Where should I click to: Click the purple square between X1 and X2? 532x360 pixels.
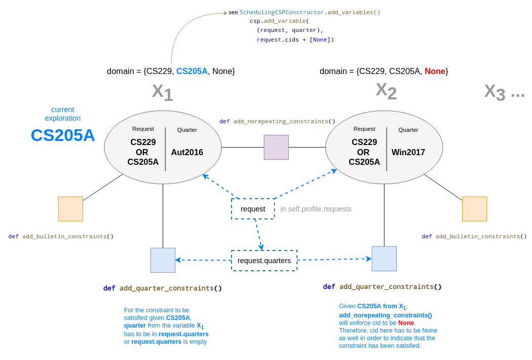(276, 148)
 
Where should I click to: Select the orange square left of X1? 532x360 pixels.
(70, 209)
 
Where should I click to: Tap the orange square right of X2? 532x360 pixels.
(474, 209)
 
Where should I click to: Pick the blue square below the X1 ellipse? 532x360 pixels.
(163, 260)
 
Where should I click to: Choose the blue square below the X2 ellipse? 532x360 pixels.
(384, 259)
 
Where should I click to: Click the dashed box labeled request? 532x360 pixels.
(253, 209)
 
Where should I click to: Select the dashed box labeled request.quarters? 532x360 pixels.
(264, 261)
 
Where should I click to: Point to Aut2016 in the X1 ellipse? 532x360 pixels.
(187, 152)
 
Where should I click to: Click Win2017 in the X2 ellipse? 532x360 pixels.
(408, 152)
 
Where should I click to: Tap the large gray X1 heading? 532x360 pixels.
(163, 93)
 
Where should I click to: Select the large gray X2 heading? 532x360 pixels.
(386, 91)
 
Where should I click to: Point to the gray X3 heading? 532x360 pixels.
(495, 92)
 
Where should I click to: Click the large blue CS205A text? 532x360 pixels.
(63, 135)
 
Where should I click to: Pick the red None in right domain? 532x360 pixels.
(435, 71)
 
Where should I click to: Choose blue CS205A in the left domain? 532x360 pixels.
(192, 71)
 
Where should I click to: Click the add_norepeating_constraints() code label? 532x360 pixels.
(277, 122)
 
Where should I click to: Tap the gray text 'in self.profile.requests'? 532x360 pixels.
(316, 209)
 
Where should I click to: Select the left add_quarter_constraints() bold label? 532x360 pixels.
(163, 288)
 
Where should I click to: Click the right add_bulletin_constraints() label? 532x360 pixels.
(474, 236)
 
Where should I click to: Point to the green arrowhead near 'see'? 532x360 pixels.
(225, 13)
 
